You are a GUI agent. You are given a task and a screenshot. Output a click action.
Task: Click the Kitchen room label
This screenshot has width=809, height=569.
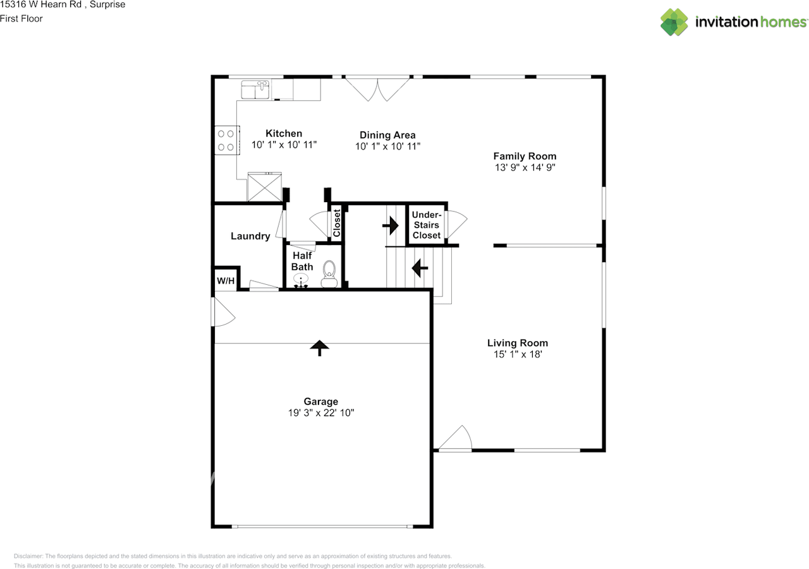click(x=283, y=133)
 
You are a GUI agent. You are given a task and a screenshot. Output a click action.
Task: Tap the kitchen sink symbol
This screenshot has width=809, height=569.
click(x=255, y=90)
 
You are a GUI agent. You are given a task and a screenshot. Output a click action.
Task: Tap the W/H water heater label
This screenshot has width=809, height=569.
click(x=226, y=280)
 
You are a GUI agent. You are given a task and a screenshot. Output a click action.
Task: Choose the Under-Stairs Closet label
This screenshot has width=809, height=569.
click(x=427, y=225)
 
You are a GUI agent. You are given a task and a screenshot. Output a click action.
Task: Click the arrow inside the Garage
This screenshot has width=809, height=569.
click(x=319, y=347)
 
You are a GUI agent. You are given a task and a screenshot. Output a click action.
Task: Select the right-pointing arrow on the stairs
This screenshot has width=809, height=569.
click(x=391, y=225)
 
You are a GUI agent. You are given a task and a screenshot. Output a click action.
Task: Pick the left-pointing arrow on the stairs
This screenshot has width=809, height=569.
click(x=420, y=268)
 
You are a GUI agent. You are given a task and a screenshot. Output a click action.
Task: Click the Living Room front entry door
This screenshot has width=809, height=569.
click(x=455, y=440)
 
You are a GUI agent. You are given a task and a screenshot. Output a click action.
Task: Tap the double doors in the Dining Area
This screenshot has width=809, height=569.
click(x=377, y=88)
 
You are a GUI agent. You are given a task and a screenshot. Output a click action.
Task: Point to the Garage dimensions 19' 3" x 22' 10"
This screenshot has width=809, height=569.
click(x=321, y=413)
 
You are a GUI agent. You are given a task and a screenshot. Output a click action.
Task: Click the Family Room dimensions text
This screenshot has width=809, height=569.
click(x=525, y=168)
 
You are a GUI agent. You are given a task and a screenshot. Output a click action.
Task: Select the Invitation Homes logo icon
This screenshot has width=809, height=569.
click(x=674, y=22)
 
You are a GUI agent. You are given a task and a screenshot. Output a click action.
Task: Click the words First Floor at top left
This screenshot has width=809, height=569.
click(x=21, y=18)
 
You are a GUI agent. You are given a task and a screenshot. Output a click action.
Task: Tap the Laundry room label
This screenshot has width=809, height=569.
click(x=250, y=236)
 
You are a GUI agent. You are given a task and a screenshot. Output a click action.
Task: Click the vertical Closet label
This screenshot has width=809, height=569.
click(x=337, y=222)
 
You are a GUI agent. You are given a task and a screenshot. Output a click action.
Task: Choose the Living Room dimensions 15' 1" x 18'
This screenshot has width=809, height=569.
click(x=517, y=355)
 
